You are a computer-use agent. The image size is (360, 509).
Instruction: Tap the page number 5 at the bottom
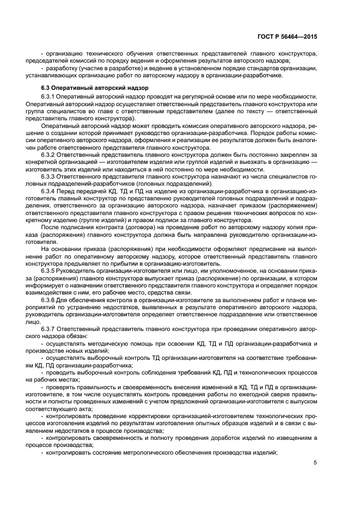pyautogui.click(x=315, y=463)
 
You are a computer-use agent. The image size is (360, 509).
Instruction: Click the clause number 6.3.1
pyautogui.click(x=50, y=96)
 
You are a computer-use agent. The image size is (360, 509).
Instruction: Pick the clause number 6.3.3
pyautogui.click(x=50, y=176)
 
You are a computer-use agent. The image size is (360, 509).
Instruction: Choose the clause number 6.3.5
pyautogui.click(x=50, y=270)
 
